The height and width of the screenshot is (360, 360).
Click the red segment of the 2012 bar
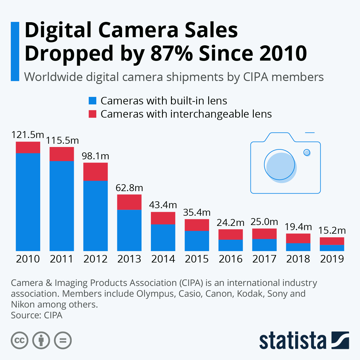(95, 172)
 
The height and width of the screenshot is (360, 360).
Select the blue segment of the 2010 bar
(28, 202)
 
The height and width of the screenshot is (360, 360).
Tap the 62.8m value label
(129, 188)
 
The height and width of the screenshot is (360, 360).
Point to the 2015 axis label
(197, 259)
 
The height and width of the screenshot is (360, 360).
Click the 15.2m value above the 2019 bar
(332, 230)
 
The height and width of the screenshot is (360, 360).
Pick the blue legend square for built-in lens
(92, 101)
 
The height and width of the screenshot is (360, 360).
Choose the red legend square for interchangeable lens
(92, 114)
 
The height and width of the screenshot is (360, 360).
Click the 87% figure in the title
(172, 53)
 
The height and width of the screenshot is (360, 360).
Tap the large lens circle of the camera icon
(280, 165)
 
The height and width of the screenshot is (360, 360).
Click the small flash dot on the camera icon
(307, 152)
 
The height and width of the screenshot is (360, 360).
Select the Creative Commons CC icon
(19, 340)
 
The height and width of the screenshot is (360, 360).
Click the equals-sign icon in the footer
(63, 340)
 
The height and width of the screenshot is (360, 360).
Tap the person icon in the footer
(41, 340)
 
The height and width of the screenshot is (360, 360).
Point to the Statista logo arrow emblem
(340, 340)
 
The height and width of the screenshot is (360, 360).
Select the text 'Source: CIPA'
(37, 315)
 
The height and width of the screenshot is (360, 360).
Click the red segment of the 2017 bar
(264, 234)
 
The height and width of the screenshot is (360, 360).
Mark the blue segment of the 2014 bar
(163, 237)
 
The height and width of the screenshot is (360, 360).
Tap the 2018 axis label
(298, 259)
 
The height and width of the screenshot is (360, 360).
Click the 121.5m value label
(28, 135)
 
